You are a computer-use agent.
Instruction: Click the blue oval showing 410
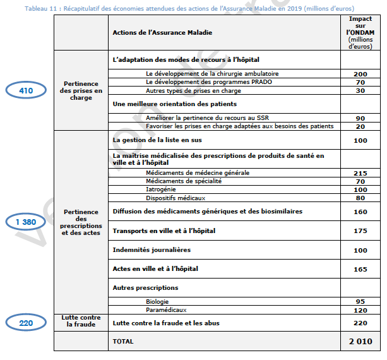(x=26, y=91)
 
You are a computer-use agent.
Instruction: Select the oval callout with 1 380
(x=26, y=222)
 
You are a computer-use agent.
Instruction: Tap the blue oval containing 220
(x=26, y=323)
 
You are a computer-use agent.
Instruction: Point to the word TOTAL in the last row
(x=122, y=341)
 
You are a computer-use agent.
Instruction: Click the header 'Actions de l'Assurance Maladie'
(x=162, y=32)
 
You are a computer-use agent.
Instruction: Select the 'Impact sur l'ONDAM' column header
(x=360, y=32)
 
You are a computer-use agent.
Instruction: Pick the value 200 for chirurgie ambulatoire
(x=360, y=74)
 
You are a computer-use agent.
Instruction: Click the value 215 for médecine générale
(x=360, y=173)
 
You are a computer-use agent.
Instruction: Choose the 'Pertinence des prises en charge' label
(x=81, y=91)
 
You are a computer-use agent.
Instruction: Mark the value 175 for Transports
(x=360, y=231)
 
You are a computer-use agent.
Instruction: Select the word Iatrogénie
(x=160, y=189)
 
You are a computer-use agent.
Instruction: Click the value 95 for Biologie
(x=360, y=302)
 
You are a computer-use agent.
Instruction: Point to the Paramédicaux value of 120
(x=360, y=311)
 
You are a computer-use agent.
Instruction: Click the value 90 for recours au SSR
(x=360, y=118)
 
